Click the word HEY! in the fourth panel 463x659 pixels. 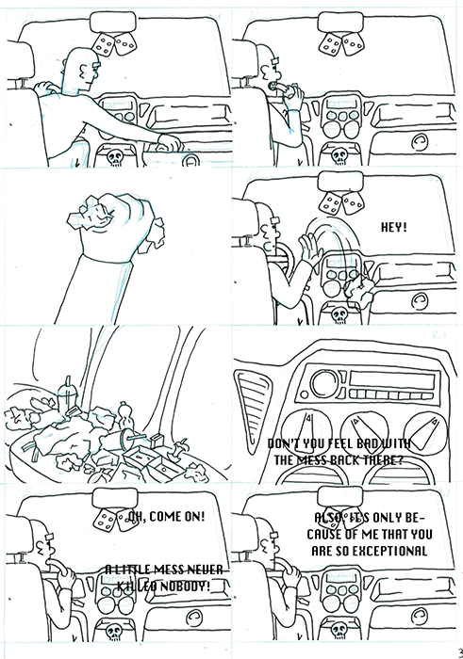coord(392,228)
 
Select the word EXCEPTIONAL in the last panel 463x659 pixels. coord(391,550)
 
